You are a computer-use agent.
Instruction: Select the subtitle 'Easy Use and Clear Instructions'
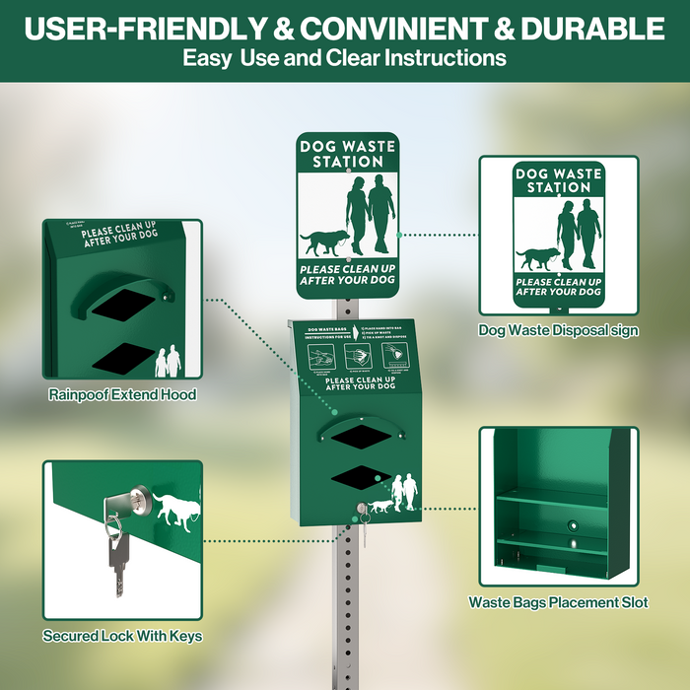pos(344,58)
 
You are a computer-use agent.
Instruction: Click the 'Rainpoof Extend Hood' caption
pos(122,394)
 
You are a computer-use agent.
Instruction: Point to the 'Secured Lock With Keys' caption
pos(122,636)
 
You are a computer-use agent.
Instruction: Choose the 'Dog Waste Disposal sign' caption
pos(558,331)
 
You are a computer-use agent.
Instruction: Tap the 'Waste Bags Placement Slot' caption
pos(558,602)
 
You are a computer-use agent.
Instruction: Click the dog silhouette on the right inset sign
pos(537,258)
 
